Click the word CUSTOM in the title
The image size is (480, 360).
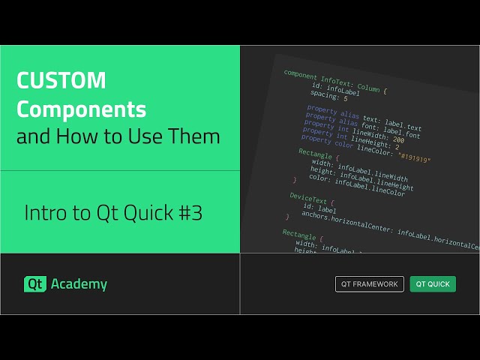coord(61,81)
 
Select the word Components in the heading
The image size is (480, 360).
coord(82,109)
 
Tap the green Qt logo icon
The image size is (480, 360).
coord(34,284)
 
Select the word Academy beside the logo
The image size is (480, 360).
coord(79,284)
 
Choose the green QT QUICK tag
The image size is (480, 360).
coord(433,284)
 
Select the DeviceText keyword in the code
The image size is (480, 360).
coord(307,198)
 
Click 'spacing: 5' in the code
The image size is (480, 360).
coord(330,96)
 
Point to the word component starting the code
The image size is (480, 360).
coord(301,76)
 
